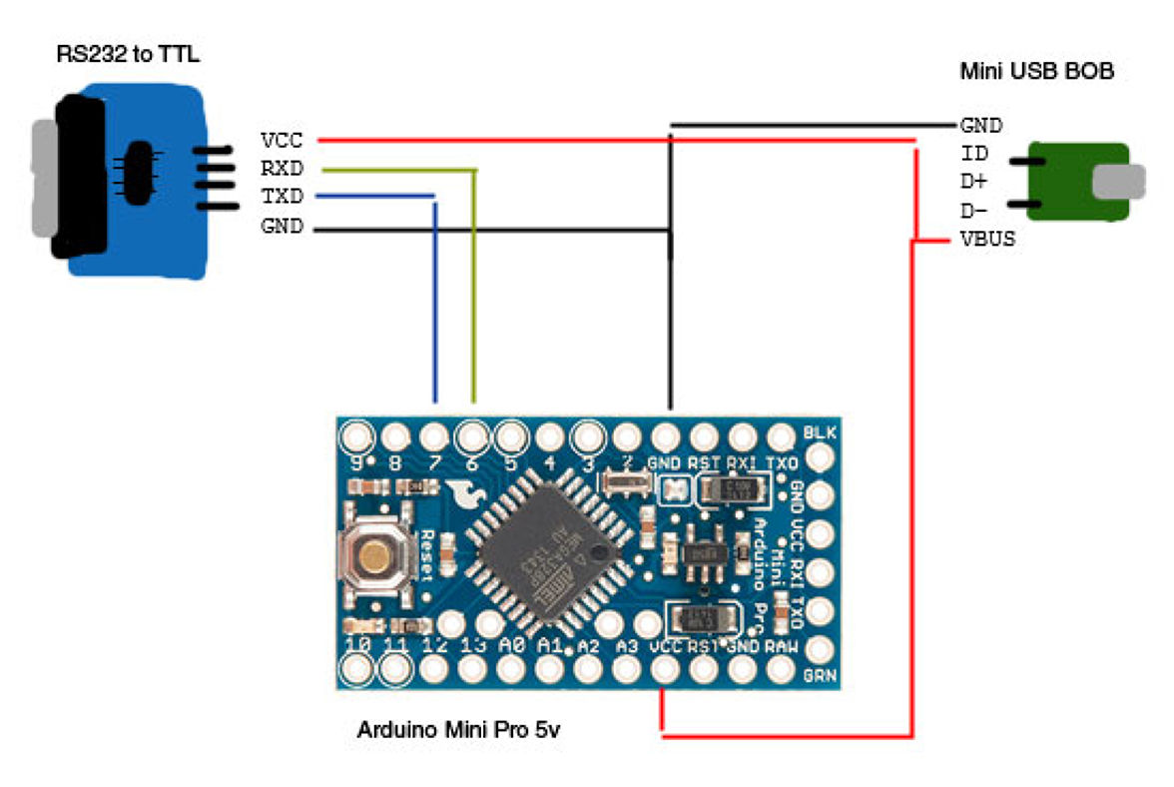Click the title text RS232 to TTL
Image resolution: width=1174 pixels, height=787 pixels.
127,54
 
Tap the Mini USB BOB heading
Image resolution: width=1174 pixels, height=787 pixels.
1036,72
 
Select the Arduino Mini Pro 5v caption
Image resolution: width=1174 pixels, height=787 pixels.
459,730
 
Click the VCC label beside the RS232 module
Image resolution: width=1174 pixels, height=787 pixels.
282,141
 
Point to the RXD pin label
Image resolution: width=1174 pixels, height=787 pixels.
282,169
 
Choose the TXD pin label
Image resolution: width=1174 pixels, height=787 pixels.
282,197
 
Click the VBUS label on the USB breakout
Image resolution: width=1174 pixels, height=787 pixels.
988,240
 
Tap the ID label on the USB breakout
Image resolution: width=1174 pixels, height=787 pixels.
974,154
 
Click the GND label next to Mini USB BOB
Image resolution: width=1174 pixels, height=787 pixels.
981,126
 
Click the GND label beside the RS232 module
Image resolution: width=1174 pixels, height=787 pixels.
282,227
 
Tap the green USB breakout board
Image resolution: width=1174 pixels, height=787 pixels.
1078,182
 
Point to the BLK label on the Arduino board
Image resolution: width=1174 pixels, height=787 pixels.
819,432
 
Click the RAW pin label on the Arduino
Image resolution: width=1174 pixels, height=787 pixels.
782,646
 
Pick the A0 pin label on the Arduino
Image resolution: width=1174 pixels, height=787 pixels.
512,646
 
